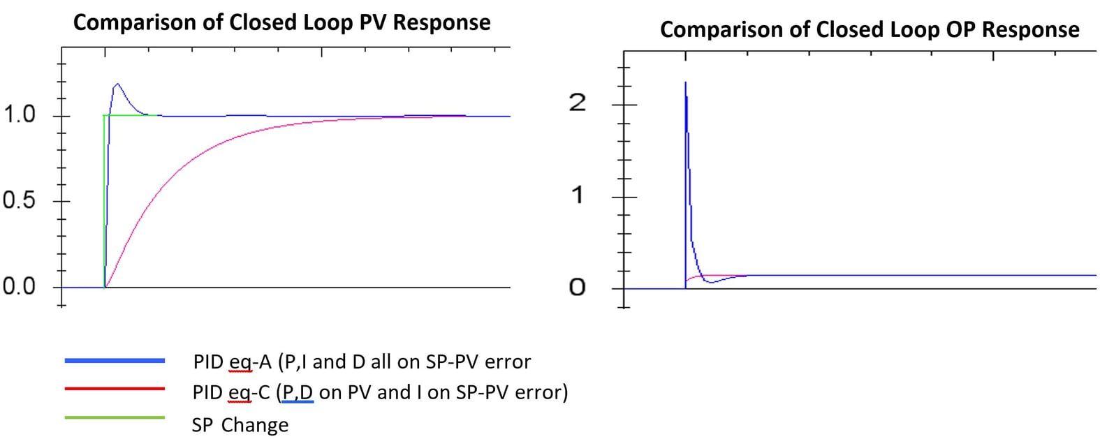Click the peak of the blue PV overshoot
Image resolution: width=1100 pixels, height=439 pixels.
117,84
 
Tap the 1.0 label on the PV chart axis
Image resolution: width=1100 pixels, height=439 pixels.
19,114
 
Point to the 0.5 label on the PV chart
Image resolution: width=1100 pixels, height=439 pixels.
19,201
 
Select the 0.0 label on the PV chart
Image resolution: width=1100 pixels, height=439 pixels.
19,286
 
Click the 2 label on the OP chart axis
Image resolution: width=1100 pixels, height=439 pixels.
577,103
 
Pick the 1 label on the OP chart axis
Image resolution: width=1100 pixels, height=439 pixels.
577,195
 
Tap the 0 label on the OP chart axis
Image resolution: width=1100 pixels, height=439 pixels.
577,288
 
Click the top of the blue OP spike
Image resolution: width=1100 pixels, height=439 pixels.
685,82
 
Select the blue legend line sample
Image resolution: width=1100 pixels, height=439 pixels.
115,361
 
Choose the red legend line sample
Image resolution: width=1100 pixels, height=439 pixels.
115,389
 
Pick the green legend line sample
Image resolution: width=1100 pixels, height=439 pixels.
115,418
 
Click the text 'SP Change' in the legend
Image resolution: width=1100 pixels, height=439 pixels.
240,425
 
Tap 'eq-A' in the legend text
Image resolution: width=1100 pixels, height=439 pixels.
250,362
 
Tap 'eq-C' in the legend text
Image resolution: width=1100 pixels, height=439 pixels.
249,392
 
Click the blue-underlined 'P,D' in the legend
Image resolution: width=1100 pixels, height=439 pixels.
298,392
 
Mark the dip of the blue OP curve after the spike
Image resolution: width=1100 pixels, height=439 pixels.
710,281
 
